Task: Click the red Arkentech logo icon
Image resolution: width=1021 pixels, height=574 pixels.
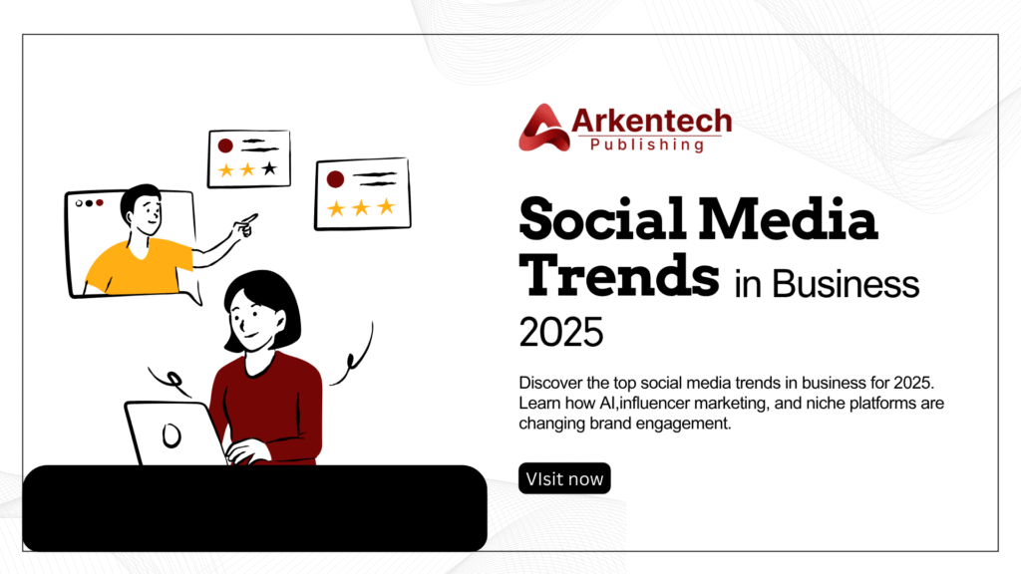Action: [543, 129]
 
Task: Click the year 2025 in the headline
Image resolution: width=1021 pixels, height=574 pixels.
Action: [561, 332]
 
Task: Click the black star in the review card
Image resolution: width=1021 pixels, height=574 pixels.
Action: [269, 169]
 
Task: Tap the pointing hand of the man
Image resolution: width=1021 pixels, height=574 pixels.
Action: [245, 225]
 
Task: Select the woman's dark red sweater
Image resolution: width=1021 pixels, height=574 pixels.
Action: [269, 399]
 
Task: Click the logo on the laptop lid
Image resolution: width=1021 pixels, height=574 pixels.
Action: [172, 434]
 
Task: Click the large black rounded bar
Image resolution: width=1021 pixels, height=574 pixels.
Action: [254, 508]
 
